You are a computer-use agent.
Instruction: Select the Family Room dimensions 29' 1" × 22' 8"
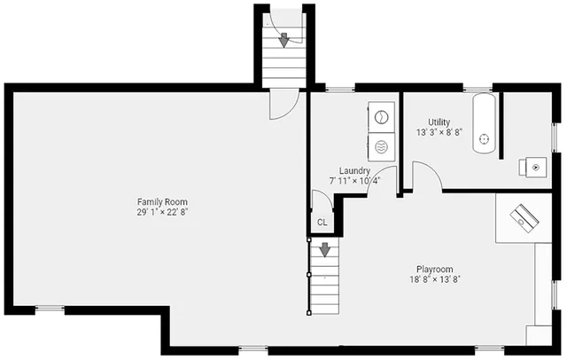[x=163, y=213]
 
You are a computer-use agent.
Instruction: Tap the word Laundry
[x=354, y=170]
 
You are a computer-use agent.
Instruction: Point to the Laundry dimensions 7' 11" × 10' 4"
[x=354, y=180]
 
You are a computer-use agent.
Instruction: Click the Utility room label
[x=439, y=121]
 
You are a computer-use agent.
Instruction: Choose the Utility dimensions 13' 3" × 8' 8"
[x=440, y=131]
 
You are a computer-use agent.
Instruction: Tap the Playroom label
[x=435, y=269]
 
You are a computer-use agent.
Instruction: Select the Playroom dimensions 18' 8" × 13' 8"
[x=435, y=279]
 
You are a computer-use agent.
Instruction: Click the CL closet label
[x=322, y=223]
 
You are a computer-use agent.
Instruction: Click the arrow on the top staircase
[x=283, y=38]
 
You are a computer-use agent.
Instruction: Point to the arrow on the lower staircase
[x=324, y=251]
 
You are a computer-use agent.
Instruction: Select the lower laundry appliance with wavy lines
[x=383, y=145]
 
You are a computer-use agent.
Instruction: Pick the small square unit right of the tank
[x=536, y=166]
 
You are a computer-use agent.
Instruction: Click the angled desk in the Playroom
[x=522, y=215]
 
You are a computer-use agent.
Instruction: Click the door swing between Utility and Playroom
[x=426, y=176]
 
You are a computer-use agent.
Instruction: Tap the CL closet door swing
[x=320, y=201]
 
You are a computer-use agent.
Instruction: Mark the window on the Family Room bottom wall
[x=50, y=308]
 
